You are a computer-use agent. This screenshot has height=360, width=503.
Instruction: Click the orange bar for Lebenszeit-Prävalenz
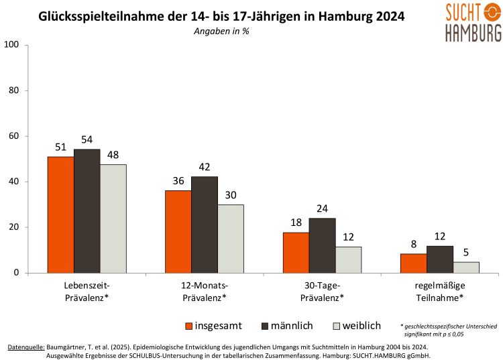click(60, 215)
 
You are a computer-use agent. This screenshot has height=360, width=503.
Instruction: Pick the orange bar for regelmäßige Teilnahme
click(413, 263)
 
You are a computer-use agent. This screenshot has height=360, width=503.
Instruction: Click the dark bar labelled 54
click(87, 211)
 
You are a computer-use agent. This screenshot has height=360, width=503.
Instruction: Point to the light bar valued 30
click(231, 239)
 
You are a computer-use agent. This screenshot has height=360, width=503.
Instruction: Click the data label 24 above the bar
click(323, 208)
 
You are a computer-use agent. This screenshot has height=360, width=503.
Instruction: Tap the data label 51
click(60, 147)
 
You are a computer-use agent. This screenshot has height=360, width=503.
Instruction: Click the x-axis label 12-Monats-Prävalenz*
click(205, 291)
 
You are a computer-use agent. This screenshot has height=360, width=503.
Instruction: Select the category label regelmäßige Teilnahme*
click(439, 291)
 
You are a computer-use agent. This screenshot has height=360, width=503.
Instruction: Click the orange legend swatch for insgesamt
click(189, 326)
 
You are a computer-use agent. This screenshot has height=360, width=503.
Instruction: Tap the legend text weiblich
click(361, 326)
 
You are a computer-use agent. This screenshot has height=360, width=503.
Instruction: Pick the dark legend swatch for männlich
click(263, 326)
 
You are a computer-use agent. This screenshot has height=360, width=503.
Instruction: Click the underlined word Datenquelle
click(26, 347)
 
